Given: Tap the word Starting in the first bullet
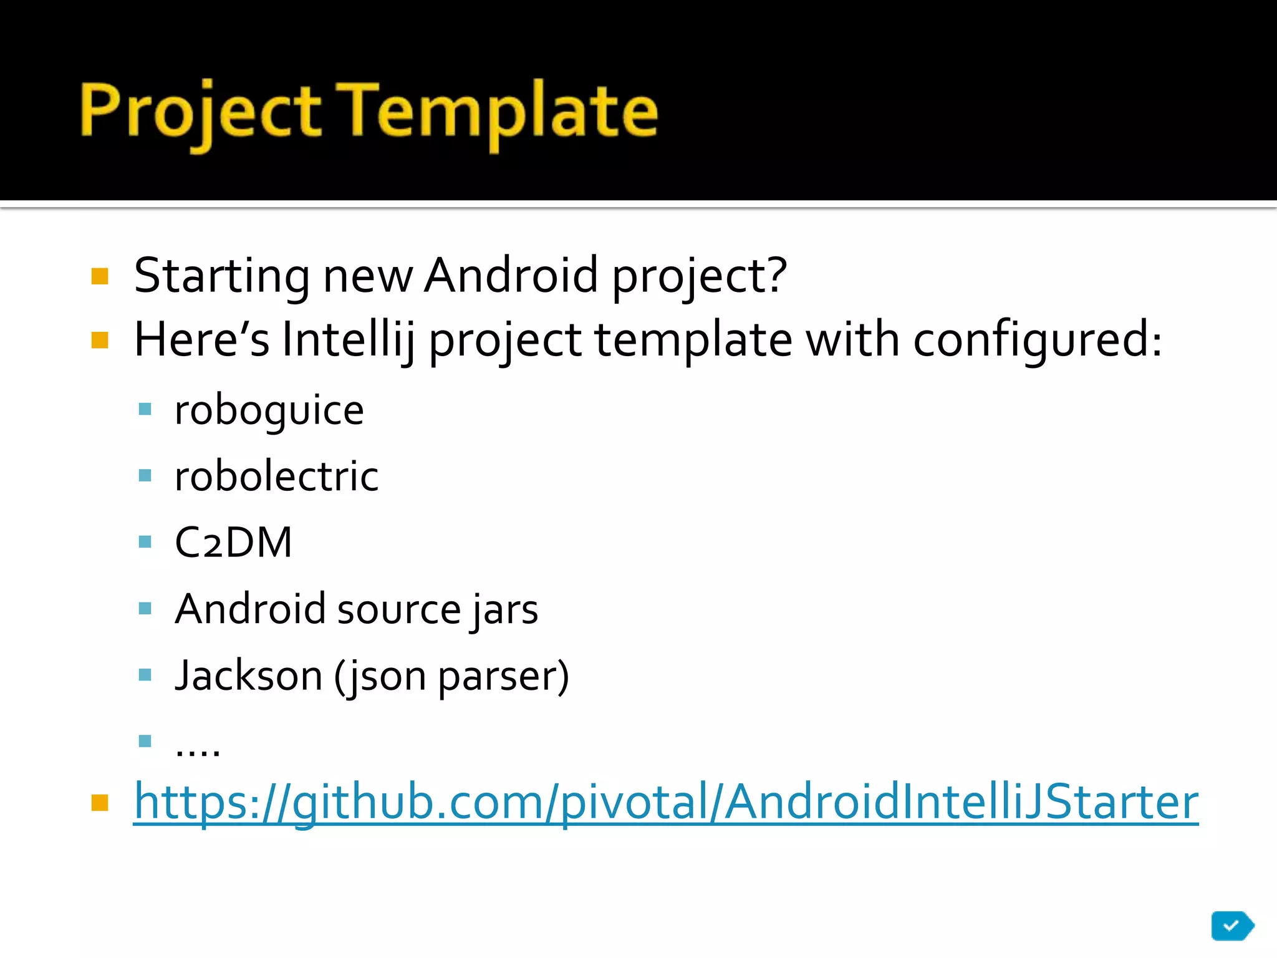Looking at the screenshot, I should point(221,276).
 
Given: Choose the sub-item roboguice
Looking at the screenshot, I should point(269,411).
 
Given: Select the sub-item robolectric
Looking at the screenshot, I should point(276,477).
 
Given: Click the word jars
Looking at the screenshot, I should point(504,609).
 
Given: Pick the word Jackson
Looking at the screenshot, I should point(248,675).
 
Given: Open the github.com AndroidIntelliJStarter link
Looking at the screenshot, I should point(665,802).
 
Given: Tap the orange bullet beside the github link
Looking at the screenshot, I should point(100,802).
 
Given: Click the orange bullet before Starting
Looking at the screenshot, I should point(100,276).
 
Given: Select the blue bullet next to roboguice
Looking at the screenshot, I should point(145,409).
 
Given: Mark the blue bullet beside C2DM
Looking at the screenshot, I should point(145,541).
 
